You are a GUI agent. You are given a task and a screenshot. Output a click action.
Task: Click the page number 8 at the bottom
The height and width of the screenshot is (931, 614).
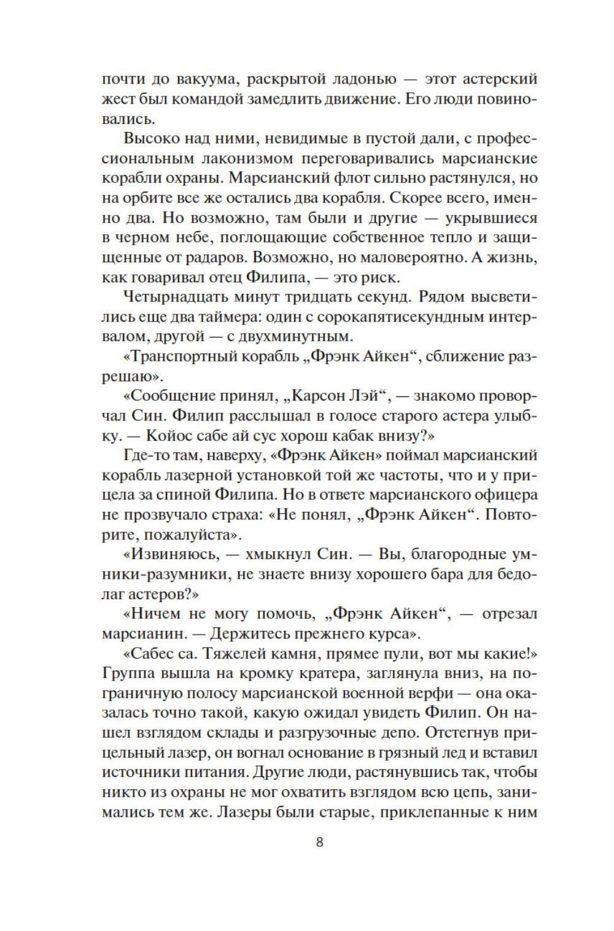click(319, 841)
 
